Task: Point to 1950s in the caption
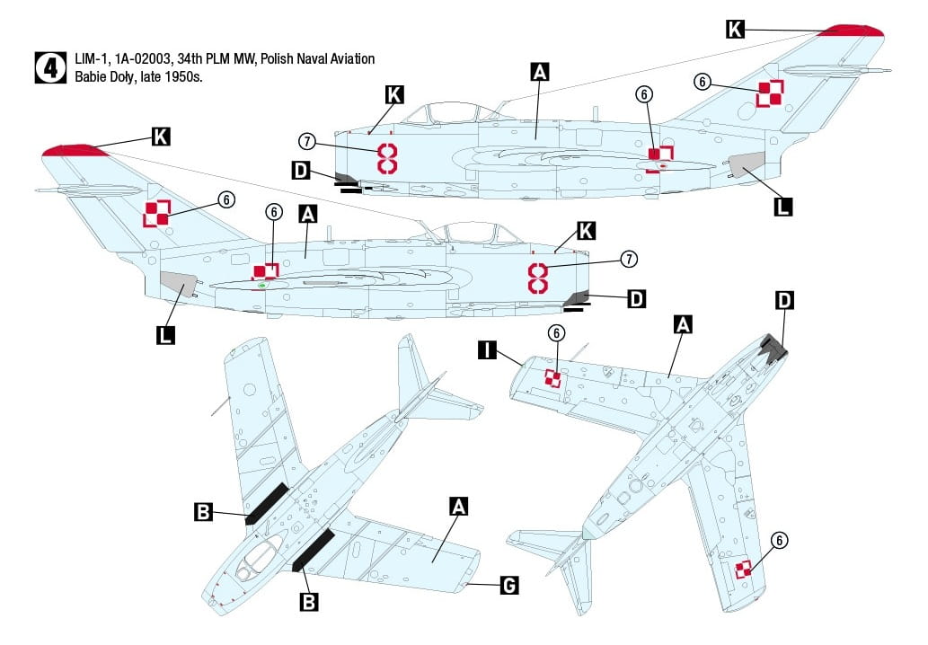click(x=184, y=77)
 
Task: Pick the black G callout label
click(x=508, y=586)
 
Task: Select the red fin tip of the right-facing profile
click(x=72, y=149)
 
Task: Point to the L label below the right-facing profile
click(x=165, y=336)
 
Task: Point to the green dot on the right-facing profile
click(x=262, y=286)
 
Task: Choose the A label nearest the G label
click(x=458, y=507)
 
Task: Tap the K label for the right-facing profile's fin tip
click(x=161, y=137)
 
